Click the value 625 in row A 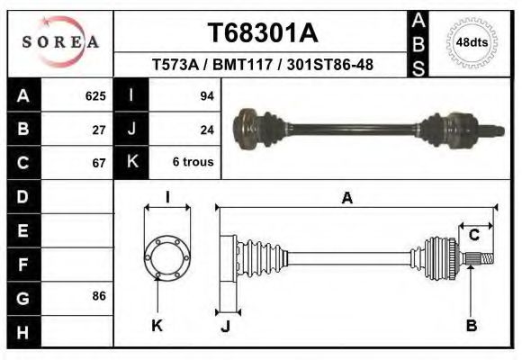point(95,95)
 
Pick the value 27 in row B point(100,129)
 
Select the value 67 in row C point(100,163)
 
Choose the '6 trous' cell point(192,163)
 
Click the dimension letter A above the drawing point(346,199)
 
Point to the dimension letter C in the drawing point(473,236)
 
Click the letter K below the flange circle point(157,326)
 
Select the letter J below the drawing point(226,326)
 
